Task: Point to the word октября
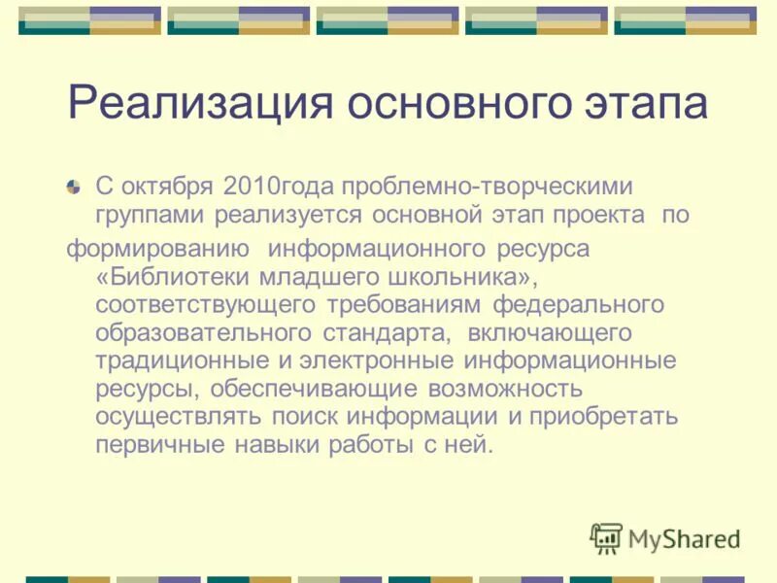(x=165, y=186)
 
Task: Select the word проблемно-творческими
(x=484, y=186)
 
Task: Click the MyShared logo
(x=665, y=538)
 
